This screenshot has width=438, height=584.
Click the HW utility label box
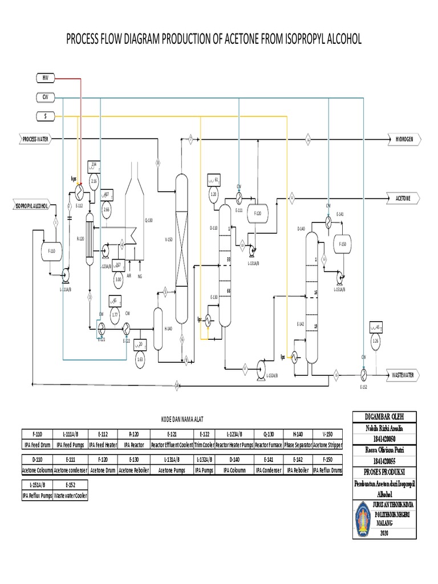pyautogui.click(x=44, y=78)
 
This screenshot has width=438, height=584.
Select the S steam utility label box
pyautogui.click(x=44, y=116)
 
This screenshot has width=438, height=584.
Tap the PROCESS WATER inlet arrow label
pyautogui.click(x=35, y=139)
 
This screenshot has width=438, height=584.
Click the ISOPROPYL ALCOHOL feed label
pyautogui.click(x=32, y=205)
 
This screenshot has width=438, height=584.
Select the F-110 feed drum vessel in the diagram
pyautogui.click(x=52, y=251)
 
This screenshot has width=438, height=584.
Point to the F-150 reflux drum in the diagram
pyautogui.click(x=342, y=244)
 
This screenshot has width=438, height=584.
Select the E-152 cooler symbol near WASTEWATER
pyautogui.click(x=363, y=375)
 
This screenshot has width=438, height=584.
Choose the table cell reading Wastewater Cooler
pyautogui.click(x=70, y=496)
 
